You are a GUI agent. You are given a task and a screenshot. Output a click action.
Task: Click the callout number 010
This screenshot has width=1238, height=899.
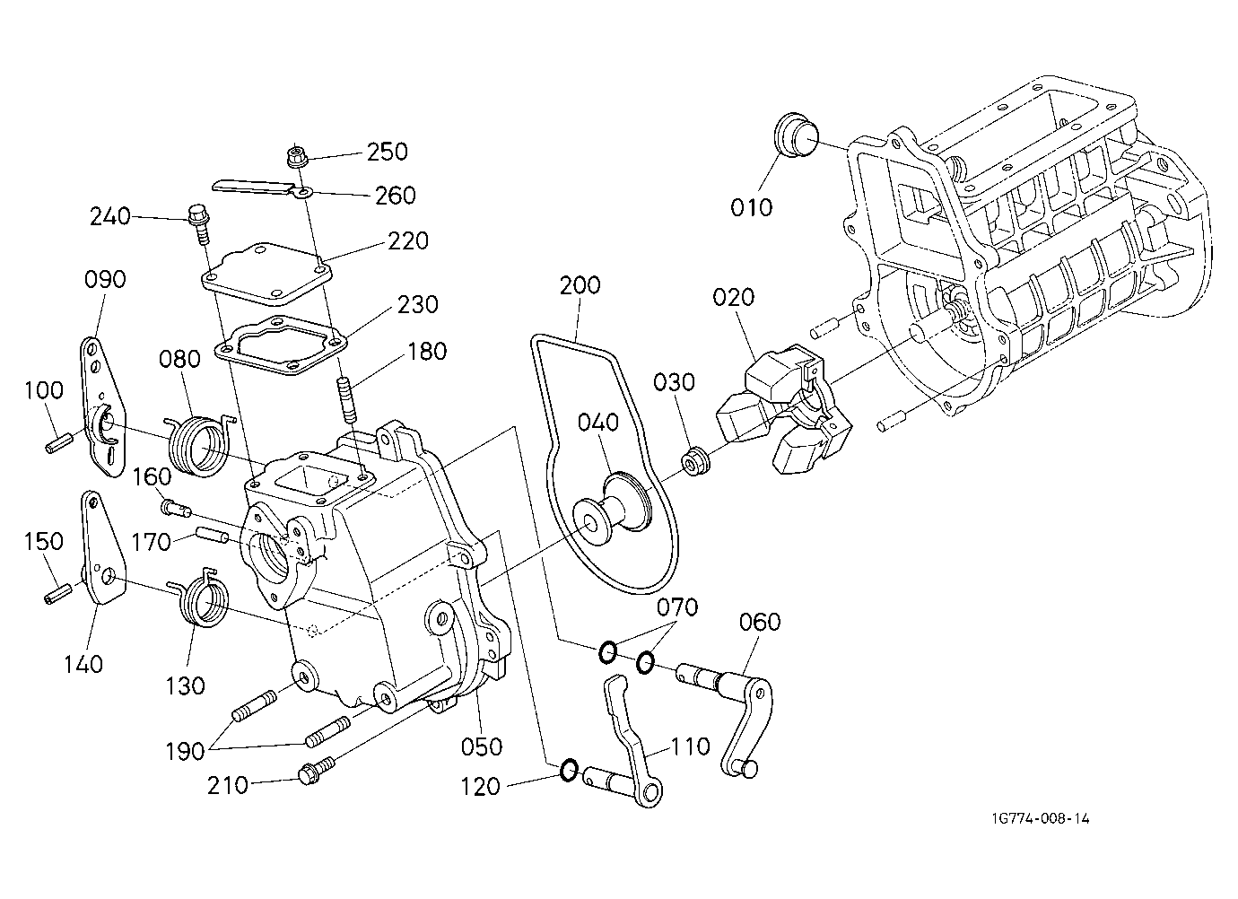click(x=751, y=207)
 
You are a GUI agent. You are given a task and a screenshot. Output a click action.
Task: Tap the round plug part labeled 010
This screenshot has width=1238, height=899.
click(x=797, y=136)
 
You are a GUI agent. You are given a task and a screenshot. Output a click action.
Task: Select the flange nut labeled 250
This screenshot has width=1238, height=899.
click(x=297, y=155)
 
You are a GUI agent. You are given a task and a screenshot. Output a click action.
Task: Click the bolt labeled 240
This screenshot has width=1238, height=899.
click(x=199, y=224)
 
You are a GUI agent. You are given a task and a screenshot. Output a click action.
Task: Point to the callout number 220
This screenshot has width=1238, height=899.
click(x=408, y=240)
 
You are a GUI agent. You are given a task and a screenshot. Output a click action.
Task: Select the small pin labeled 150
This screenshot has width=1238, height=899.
click(x=57, y=593)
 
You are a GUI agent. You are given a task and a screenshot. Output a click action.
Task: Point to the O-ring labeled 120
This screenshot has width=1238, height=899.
click(x=570, y=770)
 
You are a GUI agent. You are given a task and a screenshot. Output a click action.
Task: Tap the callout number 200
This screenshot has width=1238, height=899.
click(x=580, y=285)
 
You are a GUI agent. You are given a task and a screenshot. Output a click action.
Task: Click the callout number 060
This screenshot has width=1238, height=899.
click(x=760, y=622)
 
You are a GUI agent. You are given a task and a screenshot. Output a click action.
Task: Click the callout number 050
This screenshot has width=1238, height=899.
click(x=482, y=747)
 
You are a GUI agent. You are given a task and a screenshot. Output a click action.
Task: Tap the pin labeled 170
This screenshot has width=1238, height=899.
click(x=213, y=536)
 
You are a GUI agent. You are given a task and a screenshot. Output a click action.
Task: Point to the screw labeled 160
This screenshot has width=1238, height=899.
click(x=176, y=508)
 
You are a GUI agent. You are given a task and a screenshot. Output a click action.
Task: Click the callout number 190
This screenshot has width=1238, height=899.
click(x=185, y=751)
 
